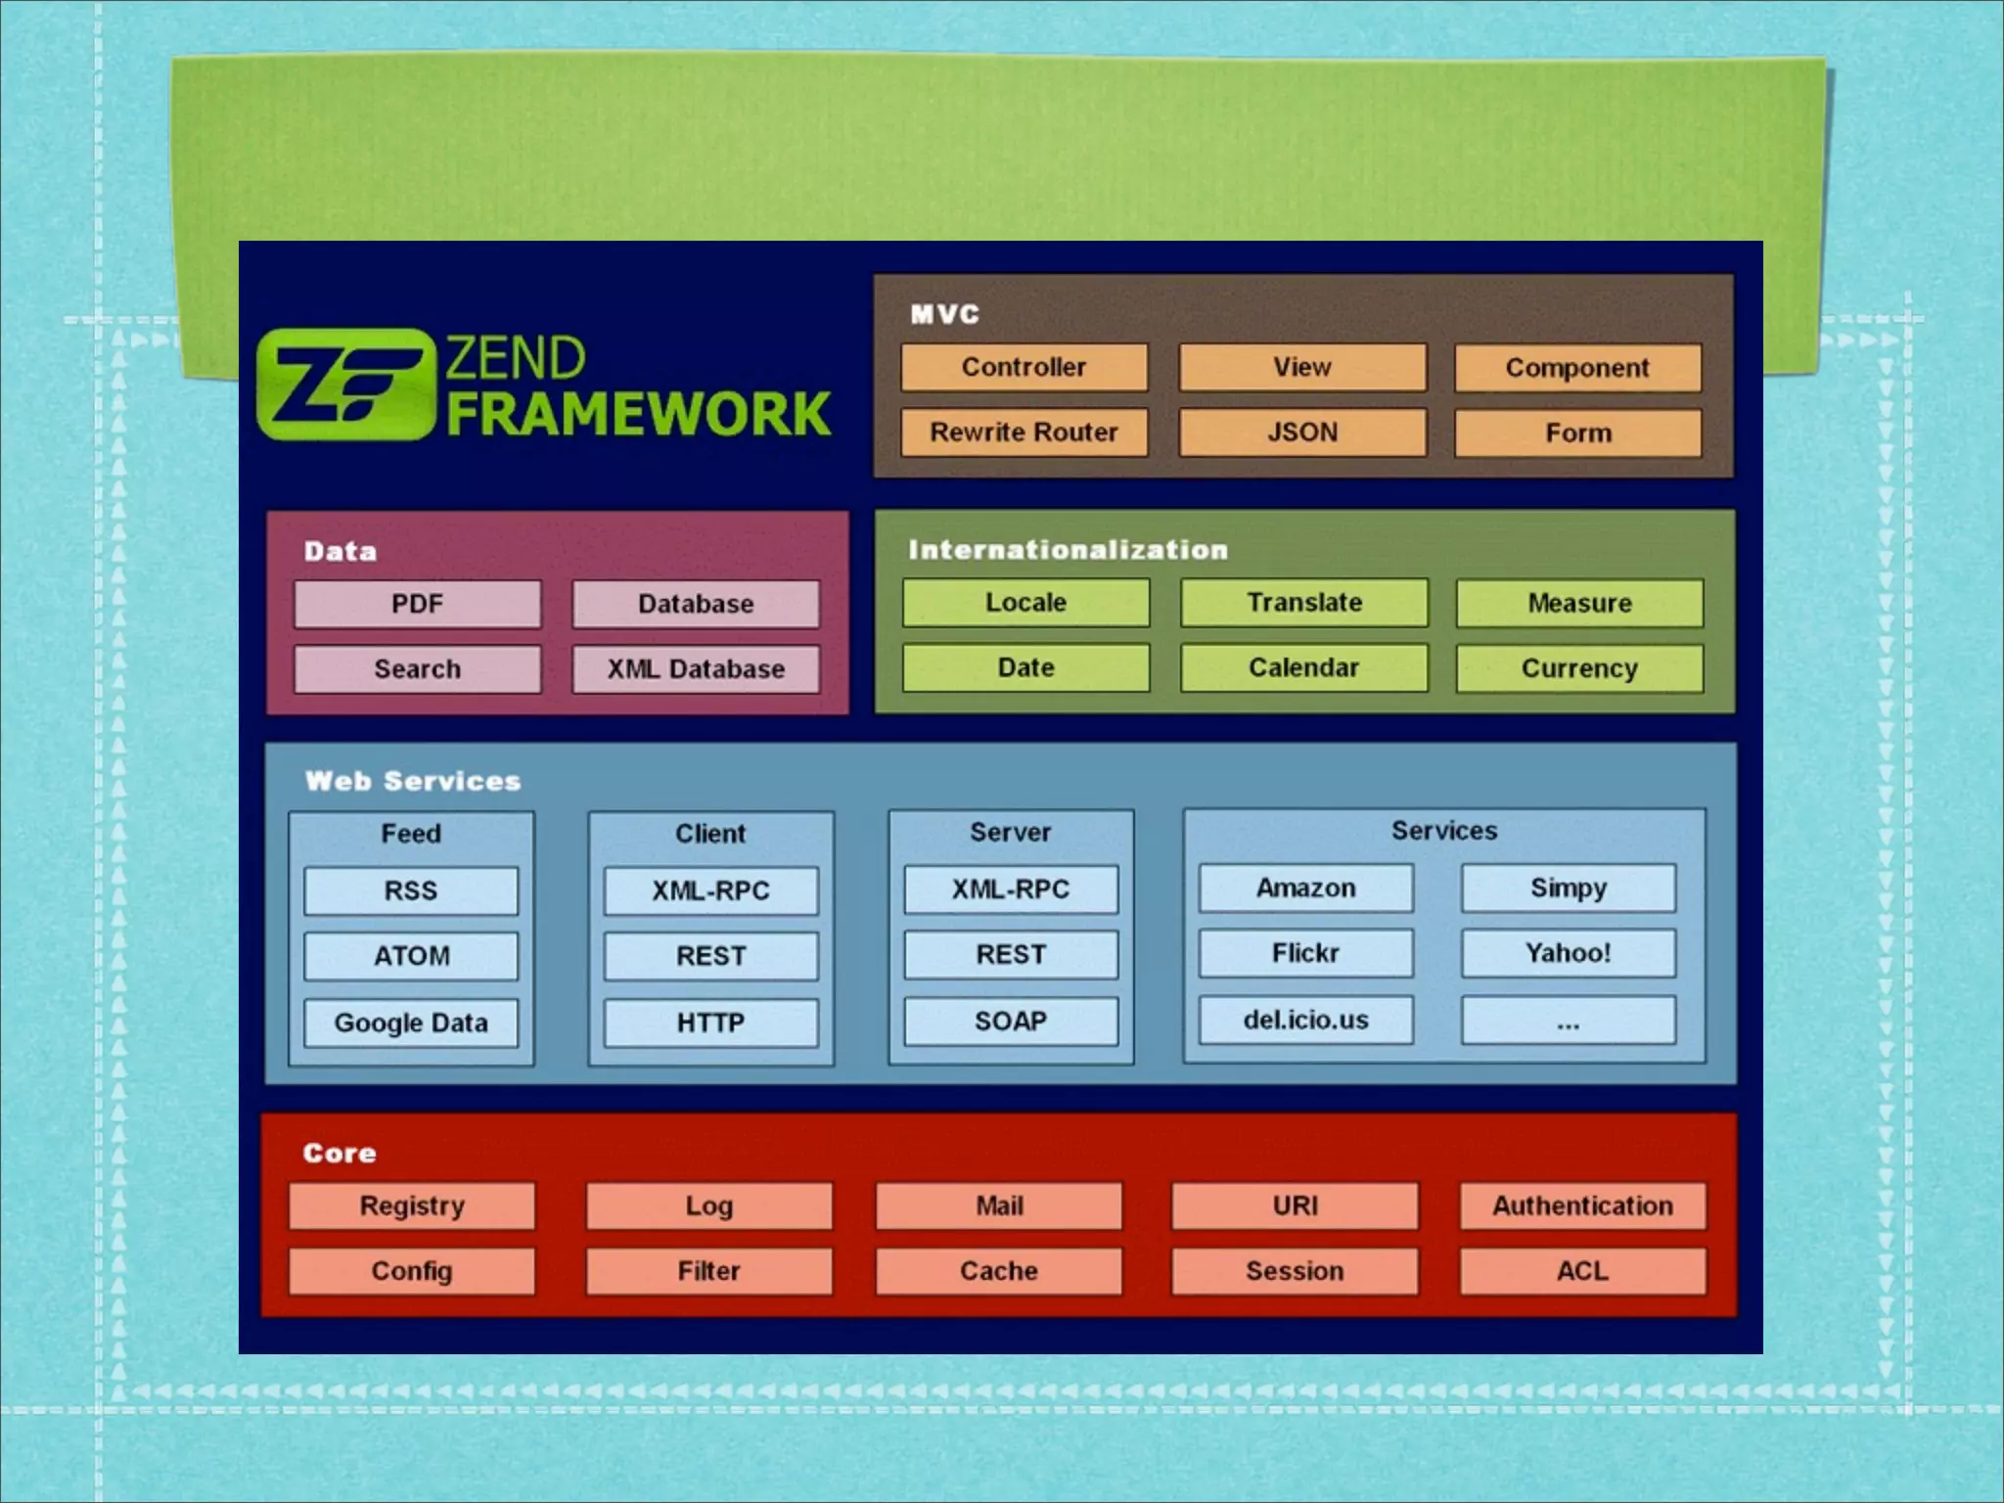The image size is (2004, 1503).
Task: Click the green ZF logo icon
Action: click(x=344, y=385)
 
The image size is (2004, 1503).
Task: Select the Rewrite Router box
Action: click(x=1024, y=433)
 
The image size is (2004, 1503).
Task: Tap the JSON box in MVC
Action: click(x=1302, y=433)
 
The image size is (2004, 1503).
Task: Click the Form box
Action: click(x=1577, y=433)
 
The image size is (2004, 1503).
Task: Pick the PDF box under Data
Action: click(x=418, y=604)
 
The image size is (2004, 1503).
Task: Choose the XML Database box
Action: click(x=696, y=669)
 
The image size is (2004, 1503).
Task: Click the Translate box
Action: click(x=1303, y=603)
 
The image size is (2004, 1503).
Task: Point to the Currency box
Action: click(x=1579, y=668)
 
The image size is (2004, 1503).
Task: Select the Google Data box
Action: click(x=411, y=1023)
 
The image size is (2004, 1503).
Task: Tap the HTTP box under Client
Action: click(x=710, y=1023)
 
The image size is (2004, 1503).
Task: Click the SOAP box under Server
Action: click(x=1011, y=1022)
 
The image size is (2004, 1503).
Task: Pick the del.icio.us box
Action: click(x=1305, y=1021)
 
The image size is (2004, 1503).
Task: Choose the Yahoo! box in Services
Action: click(x=1568, y=953)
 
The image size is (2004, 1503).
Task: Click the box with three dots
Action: click(x=1568, y=1021)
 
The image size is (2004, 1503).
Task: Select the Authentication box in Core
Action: click(x=1582, y=1206)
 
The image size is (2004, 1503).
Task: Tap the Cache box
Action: click(x=998, y=1271)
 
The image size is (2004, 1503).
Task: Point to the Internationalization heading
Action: click(x=1068, y=550)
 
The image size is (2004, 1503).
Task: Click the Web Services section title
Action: click(x=413, y=781)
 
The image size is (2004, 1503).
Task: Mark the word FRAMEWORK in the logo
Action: click(x=639, y=414)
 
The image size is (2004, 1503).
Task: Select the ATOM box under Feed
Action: click(x=411, y=956)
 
